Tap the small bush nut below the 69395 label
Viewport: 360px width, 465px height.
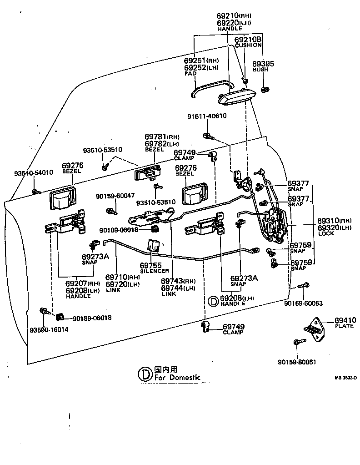(265, 88)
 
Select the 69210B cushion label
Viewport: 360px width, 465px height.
(248, 40)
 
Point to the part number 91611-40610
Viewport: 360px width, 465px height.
(207, 116)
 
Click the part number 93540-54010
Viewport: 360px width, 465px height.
(33, 173)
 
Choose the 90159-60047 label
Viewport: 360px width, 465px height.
(115, 196)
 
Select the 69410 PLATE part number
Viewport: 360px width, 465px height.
(345, 320)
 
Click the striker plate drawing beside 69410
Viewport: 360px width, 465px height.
(314, 330)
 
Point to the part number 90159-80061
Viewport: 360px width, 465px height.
(296, 362)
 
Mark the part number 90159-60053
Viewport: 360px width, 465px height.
(303, 303)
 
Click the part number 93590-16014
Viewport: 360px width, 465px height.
(49, 329)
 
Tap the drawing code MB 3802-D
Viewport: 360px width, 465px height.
(346, 377)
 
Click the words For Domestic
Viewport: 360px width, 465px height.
(177, 377)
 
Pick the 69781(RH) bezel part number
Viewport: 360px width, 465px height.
(162, 137)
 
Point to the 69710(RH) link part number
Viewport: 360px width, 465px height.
(122, 277)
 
